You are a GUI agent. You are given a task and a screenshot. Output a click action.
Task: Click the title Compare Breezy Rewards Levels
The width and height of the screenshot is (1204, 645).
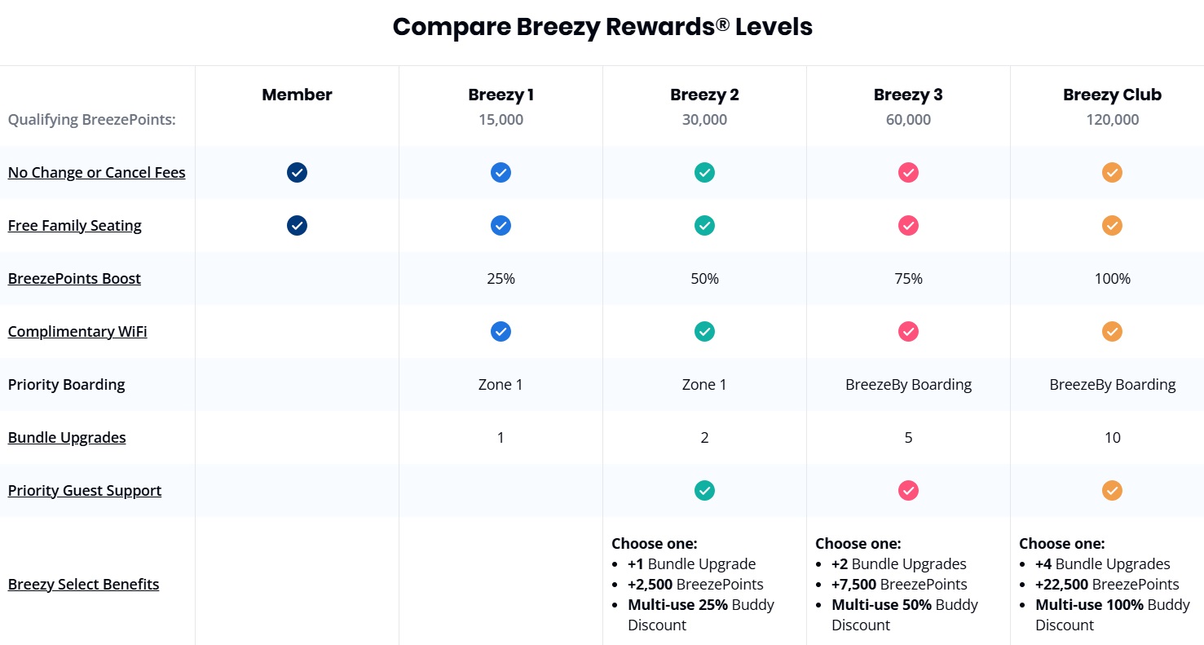602,27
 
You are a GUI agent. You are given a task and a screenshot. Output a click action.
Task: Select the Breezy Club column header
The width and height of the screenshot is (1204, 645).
1112,95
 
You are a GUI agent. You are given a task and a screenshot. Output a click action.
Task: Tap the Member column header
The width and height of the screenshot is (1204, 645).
297,95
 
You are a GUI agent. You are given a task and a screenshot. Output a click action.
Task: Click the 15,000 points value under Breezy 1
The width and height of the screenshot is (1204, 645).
501,120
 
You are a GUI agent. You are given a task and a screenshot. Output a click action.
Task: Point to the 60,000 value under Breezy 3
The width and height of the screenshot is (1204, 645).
908,120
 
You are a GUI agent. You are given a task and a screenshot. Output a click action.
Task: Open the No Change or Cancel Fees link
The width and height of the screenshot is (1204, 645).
96,173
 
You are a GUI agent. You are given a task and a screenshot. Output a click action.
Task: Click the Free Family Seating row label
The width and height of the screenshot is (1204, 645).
75,226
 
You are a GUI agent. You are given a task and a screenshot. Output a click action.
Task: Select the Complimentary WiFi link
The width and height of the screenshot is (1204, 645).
77,332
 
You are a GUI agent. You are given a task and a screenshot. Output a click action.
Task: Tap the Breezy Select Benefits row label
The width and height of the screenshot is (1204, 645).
83,585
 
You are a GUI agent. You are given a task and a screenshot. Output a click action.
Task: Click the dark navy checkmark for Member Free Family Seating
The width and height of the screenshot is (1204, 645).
297,226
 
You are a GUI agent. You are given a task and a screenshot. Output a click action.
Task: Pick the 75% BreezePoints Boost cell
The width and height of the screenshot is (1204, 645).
908,279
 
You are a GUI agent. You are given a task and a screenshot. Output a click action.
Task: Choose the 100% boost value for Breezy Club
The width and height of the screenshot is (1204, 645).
1112,279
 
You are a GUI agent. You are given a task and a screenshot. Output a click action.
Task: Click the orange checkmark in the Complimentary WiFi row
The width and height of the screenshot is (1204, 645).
1112,332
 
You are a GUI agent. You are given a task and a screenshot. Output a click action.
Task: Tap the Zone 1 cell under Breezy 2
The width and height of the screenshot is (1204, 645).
704,385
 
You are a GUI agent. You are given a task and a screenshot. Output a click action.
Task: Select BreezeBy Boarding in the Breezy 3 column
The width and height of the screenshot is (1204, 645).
908,385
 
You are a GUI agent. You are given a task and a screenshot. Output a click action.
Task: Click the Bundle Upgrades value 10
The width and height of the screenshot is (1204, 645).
1112,438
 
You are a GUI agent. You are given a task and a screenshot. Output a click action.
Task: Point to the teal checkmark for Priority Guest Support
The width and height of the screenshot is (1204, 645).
704,491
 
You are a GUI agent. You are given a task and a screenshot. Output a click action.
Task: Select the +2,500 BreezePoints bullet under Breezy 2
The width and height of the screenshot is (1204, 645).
695,585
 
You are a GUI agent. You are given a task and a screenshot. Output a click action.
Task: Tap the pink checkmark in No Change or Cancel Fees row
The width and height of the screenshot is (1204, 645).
908,173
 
